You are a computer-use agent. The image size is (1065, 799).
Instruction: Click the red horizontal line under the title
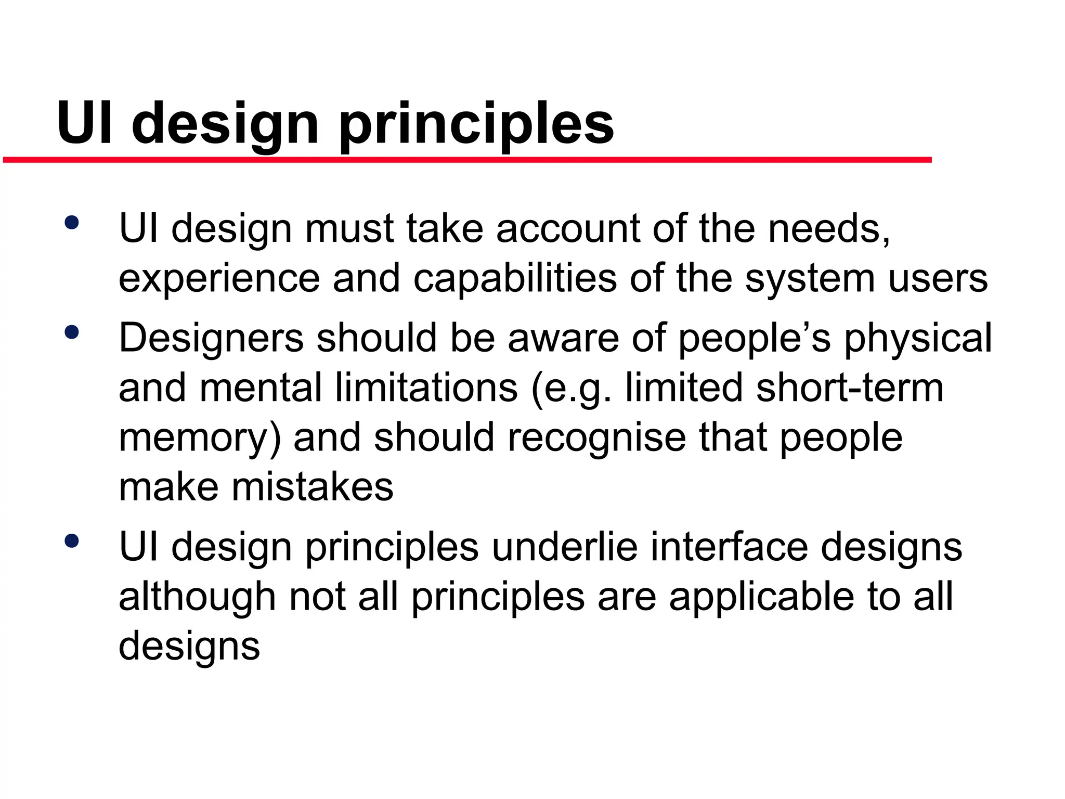point(467,160)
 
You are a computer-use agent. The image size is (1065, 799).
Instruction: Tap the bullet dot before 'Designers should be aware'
point(72,332)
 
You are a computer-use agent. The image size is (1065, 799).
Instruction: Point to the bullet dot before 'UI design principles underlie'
point(72,541)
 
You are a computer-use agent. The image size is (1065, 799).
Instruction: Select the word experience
point(219,279)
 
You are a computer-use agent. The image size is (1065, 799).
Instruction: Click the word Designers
point(211,338)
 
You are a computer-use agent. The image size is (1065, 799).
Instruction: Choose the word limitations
point(426,388)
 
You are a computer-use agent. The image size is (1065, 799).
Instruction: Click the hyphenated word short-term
point(850,388)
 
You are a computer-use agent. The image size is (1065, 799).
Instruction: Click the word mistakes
point(312,487)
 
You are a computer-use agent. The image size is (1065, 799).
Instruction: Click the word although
point(197,597)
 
